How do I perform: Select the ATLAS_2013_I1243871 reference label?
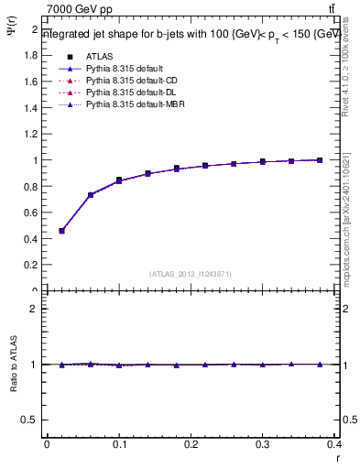pyautogui.click(x=190, y=274)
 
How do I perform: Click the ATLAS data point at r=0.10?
pyautogui.click(x=119, y=180)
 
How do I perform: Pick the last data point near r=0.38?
pyautogui.click(x=320, y=160)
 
